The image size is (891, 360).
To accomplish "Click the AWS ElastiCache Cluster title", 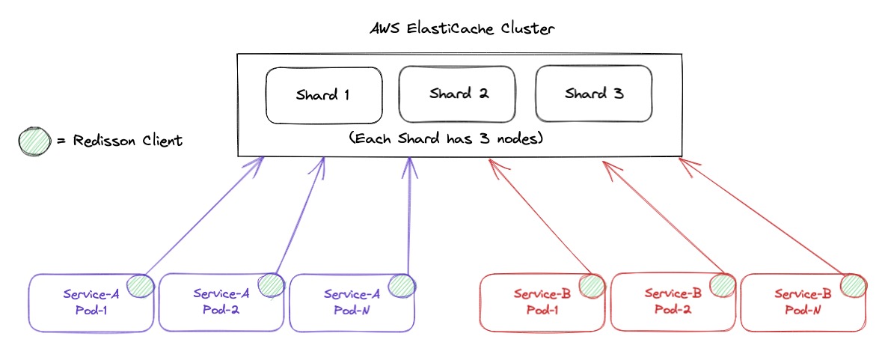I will pos(463,30).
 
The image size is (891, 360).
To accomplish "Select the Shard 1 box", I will pos(323,95).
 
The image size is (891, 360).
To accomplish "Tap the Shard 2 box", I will pos(457,94).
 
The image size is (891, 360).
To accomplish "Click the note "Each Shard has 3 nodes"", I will pos(446,138).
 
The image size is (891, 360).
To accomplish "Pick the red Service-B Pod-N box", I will pos(803,302).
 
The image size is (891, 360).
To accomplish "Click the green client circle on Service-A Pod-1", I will pos(140,285).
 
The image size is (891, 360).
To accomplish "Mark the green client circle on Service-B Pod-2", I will pos(722,284).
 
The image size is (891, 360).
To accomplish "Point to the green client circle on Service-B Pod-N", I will pos(853,284).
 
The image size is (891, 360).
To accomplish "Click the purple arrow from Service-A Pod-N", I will pos(408,217).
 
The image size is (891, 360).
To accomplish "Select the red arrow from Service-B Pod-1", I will pos(539,217).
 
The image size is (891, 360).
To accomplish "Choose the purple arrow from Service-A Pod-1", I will pos(202,217).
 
